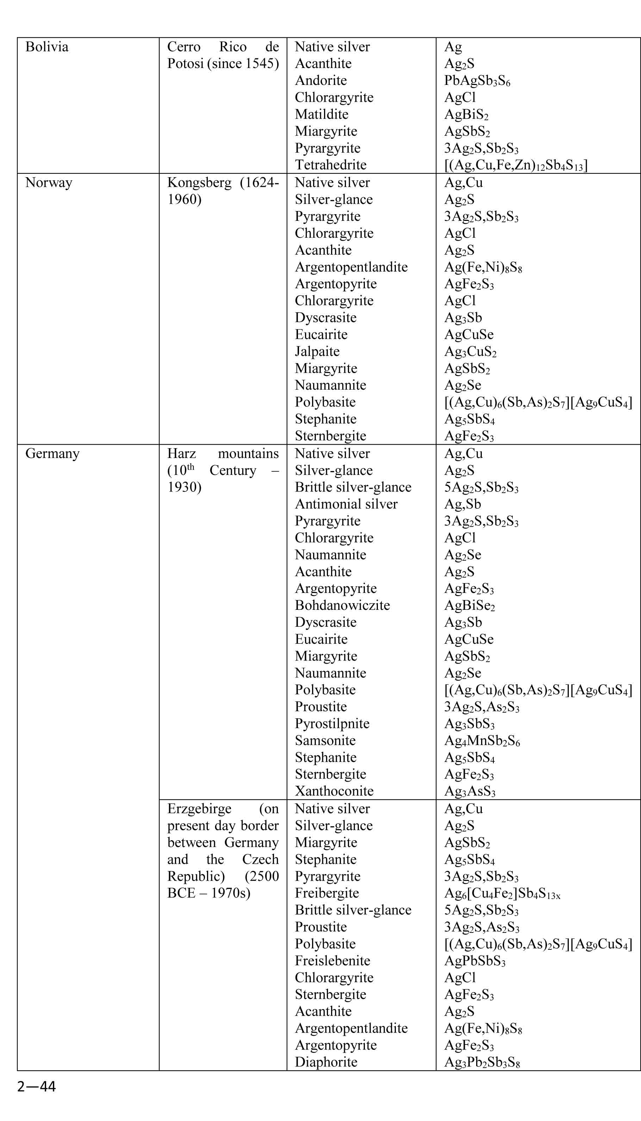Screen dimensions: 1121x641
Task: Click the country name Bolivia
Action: (x=46, y=47)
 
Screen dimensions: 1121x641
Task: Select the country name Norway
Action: (x=49, y=182)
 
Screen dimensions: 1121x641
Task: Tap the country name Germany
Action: (x=52, y=453)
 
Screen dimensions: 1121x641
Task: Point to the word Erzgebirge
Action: (x=199, y=809)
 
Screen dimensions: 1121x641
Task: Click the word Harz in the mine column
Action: (x=181, y=453)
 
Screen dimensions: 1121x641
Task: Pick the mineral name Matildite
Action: (x=321, y=114)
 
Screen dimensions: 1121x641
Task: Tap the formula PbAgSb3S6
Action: (x=477, y=81)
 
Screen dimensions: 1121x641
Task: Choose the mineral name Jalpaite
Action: (x=317, y=351)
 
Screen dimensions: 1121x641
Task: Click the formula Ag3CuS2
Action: (x=470, y=351)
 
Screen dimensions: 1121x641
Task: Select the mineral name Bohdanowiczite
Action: (x=342, y=605)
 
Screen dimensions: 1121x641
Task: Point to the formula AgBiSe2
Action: (x=469, y=605)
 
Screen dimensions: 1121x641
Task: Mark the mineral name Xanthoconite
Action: (x=334, y=791)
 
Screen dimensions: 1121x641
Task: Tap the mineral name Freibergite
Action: (x=327, y=893)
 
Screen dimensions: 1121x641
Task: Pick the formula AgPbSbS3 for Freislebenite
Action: (x=475, y=961)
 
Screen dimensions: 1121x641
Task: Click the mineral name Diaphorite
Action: (x=326, y=1062)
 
